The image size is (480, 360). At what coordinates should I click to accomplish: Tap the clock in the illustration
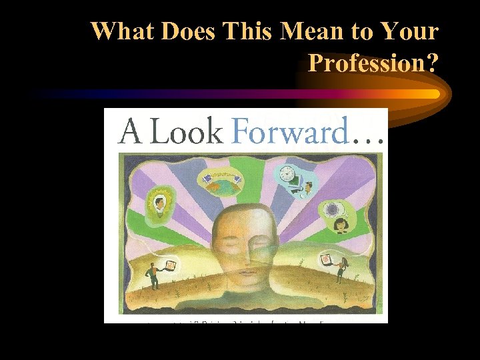point(286,175)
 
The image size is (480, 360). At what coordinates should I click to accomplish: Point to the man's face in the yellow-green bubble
point(161,201)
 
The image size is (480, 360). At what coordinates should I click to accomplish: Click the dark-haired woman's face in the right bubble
point(341,225)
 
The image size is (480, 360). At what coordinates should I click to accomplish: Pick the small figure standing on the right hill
point(341,271)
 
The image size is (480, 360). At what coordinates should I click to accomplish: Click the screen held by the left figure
point(171,265)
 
